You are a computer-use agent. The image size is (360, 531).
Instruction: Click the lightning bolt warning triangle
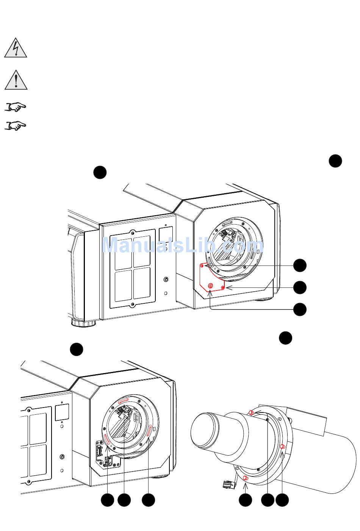[16, 48]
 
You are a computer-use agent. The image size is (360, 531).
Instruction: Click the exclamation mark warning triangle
[16, 80]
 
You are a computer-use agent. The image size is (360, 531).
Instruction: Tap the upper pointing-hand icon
[16, 107]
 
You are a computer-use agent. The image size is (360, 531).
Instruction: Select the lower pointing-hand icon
[16, 125]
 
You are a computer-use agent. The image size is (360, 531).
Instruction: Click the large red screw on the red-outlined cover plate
[211, 285]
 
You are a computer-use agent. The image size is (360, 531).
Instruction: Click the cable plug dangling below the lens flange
[228, 484]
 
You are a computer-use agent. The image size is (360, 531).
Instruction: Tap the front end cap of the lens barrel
[207, 430]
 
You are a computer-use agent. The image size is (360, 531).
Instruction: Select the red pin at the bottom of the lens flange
[245, 478]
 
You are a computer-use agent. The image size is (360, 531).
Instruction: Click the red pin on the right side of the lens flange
[282, 447]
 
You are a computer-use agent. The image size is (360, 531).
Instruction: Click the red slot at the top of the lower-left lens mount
[124, 401]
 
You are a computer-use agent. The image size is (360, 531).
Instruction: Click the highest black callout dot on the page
[335, 161]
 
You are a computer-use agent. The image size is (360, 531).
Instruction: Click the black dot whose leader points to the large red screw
[300, 309]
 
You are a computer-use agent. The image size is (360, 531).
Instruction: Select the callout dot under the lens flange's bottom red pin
[245, 500]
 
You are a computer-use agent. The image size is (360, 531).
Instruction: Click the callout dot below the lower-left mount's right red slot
[148, 500]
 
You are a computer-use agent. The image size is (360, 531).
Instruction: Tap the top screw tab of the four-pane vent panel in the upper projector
[132, 231]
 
